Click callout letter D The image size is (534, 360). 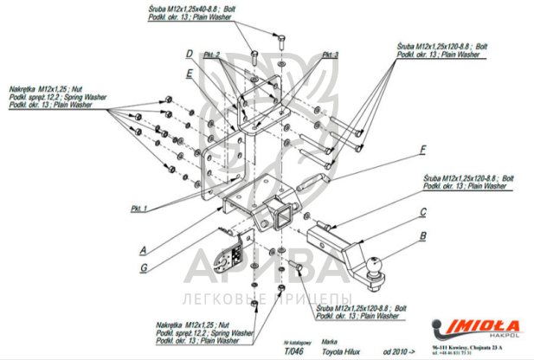pyautogui.click(x=188, y=54)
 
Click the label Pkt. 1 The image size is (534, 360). pyautogui.click(x=140, y=209)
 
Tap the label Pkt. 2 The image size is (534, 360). pyautogui.click(x=212, y=55)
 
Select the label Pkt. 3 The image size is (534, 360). pyautogui.click(x=331, y=55)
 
